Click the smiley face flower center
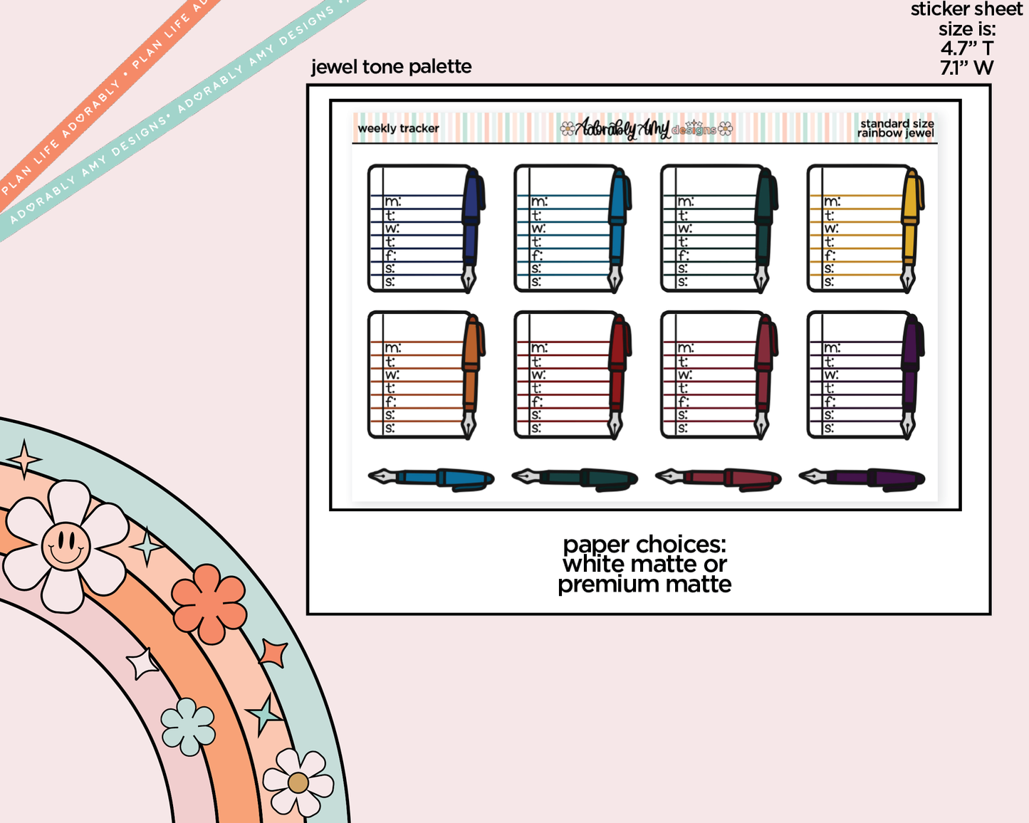point(66,546)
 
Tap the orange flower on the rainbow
point(209,604)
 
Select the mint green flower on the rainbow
point(188,726)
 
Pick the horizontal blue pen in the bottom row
point(432,478)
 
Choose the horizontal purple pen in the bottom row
point(862,478)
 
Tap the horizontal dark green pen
point(575,478)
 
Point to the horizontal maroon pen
point(719,478)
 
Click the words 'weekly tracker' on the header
point(398,129)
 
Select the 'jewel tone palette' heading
point(391,67)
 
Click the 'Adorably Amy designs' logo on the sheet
point(646,129)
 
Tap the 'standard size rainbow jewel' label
point(895,129)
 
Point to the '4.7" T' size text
point(966,49)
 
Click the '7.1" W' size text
point(966,68)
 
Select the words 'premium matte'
point(644,585)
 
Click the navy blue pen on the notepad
point(471,214)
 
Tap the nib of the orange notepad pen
point(469,425)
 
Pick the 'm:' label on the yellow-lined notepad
point(832,202)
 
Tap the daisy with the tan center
point(298,782)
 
